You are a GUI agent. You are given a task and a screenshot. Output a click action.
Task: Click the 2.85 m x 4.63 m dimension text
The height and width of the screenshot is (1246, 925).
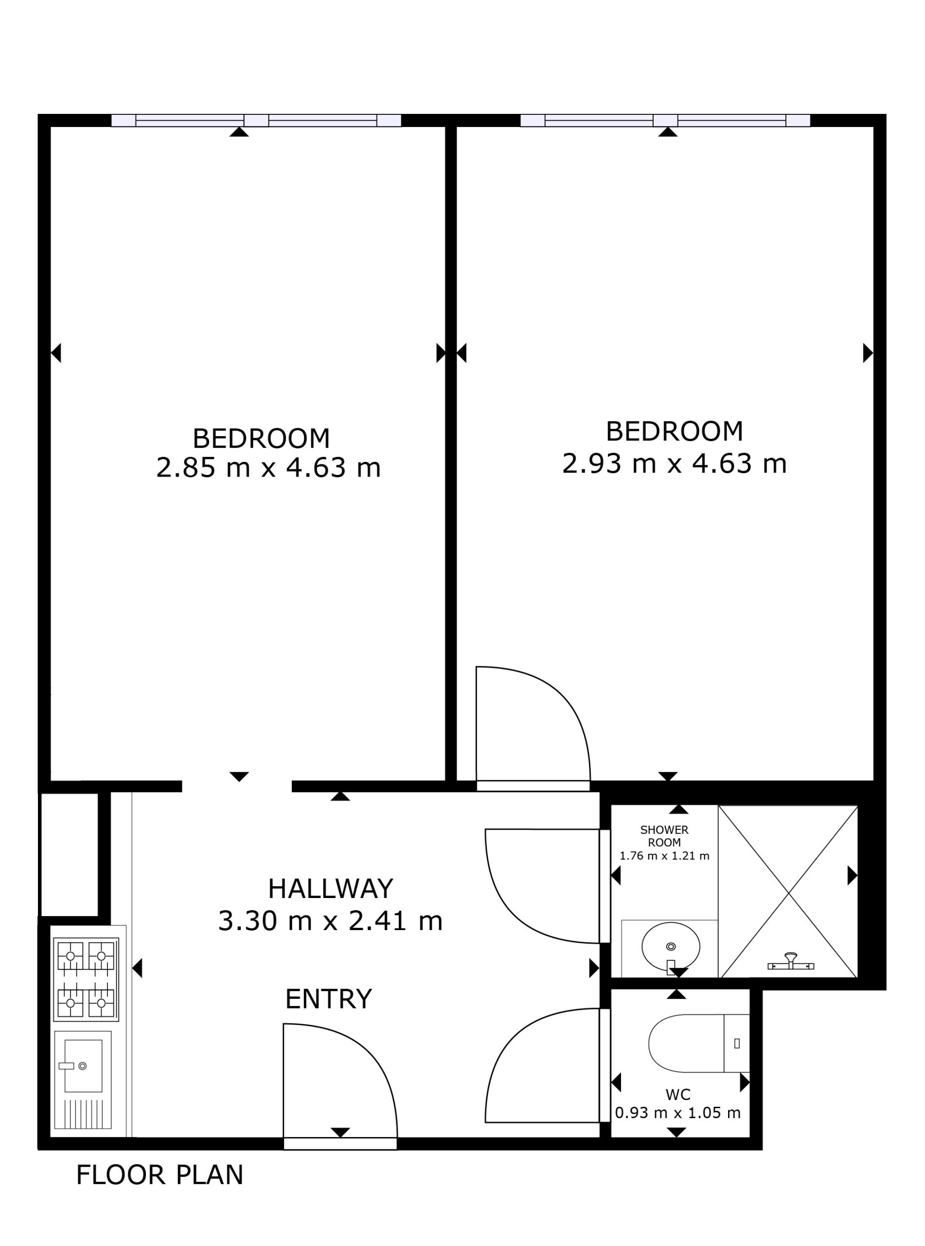(268, 467)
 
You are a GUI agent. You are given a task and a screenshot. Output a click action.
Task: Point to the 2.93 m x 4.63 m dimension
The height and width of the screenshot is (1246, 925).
(674, 463)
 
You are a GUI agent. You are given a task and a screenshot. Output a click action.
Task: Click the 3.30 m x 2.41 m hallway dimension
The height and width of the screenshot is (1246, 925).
(330, 921)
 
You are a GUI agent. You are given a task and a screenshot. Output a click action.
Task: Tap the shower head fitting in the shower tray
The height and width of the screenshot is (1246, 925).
(791, 961)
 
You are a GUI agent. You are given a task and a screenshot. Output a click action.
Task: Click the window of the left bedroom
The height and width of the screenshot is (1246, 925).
(256, 120)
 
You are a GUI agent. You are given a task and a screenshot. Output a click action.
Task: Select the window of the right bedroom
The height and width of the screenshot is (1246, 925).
(665, 120)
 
